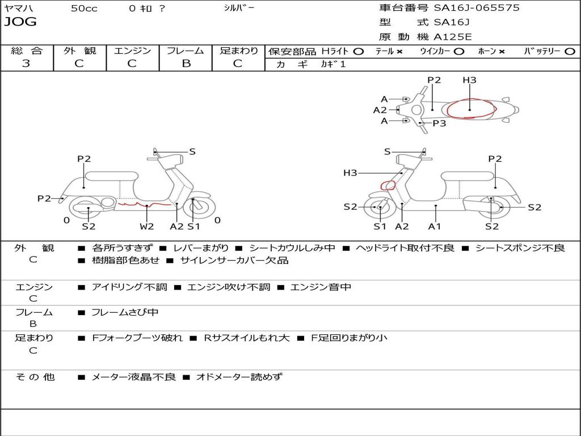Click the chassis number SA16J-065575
477,8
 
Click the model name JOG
20,22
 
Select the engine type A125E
453,37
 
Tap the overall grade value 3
26,64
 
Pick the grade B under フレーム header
186,64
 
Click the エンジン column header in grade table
132,51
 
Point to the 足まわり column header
238,51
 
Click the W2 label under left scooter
147,227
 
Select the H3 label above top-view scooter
469,80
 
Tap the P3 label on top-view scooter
439,123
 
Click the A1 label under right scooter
435,227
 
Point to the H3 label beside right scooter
350,173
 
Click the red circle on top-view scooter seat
470,108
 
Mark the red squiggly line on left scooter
145,203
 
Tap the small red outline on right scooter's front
388,185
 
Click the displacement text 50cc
84,9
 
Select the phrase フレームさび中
125,312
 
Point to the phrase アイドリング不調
129,287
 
